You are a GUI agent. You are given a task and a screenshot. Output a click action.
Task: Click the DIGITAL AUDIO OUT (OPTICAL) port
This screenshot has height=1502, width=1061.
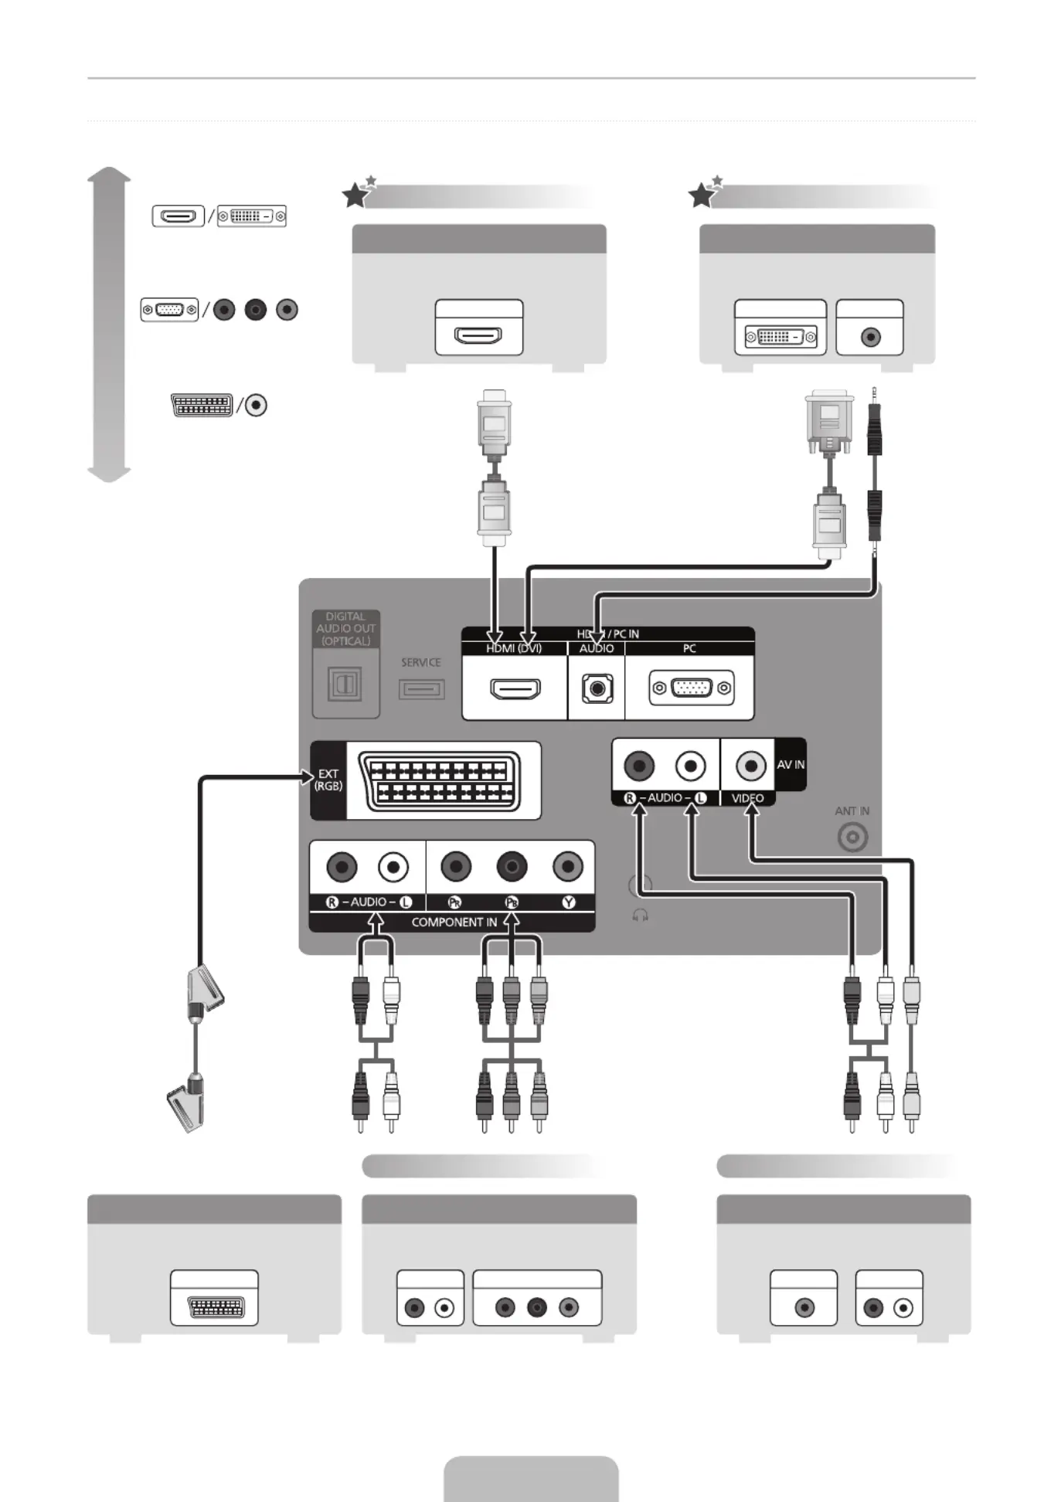coord(345,684)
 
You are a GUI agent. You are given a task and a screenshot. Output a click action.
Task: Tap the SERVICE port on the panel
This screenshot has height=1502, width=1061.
coord(421,688)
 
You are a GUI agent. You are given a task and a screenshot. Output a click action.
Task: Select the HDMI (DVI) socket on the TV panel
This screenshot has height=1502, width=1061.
coord(515,688)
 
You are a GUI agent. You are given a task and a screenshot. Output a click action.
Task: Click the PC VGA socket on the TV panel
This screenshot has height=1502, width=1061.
coord(691,688)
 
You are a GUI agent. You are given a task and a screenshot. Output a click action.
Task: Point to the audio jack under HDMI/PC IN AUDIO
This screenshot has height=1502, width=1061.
coord(597,688)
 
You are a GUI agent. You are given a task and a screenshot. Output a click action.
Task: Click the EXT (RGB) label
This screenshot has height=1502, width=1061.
coord(328,780)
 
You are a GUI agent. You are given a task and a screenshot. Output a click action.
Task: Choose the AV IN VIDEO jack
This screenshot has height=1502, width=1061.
coord(750,766)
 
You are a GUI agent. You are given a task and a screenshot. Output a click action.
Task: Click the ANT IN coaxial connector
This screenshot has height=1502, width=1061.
coord(852,838)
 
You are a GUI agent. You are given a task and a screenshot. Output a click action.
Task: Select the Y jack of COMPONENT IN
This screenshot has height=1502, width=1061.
coord(568,867)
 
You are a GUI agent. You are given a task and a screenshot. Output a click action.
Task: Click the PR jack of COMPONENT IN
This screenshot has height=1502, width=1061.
coord(456,867)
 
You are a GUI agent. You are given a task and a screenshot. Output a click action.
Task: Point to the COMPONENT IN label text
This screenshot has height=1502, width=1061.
coord(454,923)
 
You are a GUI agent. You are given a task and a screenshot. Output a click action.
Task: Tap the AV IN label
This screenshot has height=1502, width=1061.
coord(791,764)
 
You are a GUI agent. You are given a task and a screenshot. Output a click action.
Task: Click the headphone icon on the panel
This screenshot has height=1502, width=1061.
coord(640,916)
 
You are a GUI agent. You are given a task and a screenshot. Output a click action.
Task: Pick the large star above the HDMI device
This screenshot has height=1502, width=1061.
coord(355,195)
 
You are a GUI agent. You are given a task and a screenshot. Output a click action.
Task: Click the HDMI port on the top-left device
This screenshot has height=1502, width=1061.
coord(478,336)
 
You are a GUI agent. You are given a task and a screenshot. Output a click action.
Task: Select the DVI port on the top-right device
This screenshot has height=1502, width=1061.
coord(780,337)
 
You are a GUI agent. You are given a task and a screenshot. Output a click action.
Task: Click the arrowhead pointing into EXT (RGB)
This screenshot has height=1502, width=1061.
coord(308,777)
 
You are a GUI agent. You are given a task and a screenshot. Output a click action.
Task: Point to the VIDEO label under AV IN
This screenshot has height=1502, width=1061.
coord(747,798)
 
